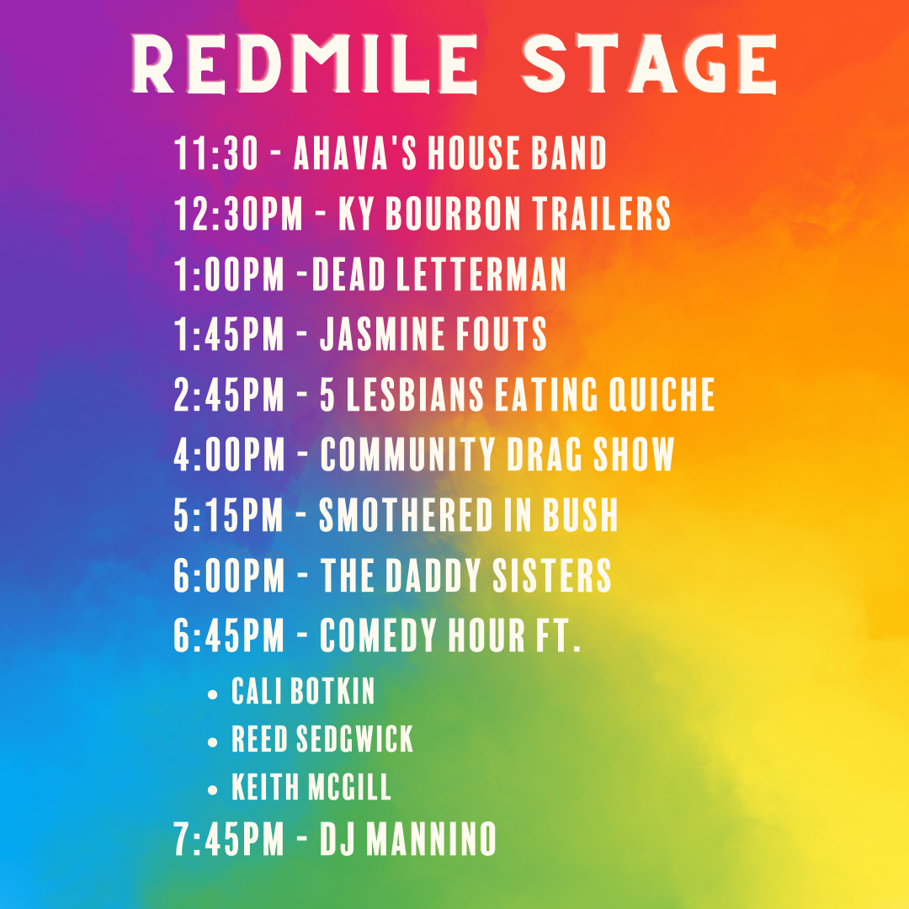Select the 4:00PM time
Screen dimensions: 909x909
[230, 455]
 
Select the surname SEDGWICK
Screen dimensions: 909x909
[357, 740]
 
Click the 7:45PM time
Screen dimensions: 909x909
[230, 839]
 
